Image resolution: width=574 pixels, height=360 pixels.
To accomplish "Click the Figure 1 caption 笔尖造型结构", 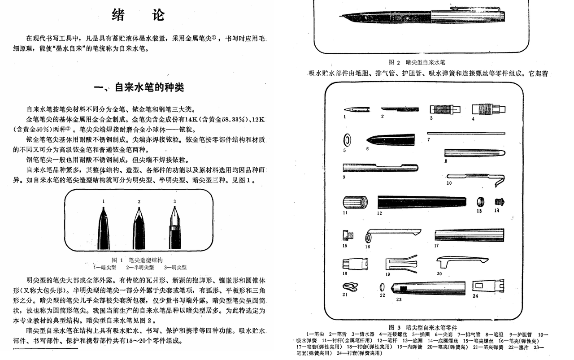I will click(x=145, y=260).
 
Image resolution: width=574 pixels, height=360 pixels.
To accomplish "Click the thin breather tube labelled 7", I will click(x=466, y=133).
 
